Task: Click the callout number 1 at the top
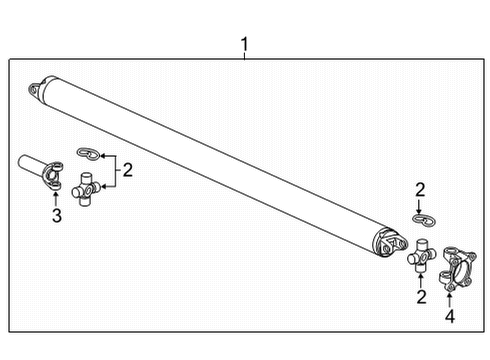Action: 245,44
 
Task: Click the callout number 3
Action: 57,217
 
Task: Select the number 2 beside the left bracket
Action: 128,170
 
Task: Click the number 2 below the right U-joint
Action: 421,297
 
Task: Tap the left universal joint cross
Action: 89,188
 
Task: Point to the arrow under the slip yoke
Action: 57,197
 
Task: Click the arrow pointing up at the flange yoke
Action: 450,297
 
